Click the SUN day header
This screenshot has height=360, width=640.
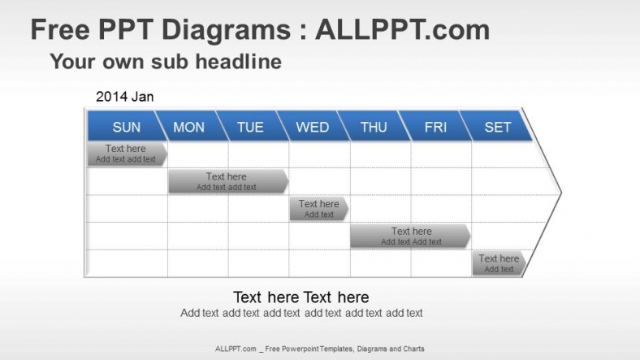pos(126,127)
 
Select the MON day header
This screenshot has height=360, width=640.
pos(188,127)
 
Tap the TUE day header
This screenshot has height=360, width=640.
pos(250,127)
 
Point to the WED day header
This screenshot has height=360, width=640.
pos(312,127)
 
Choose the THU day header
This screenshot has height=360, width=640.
pos(374,127)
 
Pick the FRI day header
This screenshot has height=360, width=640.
pos(435,127)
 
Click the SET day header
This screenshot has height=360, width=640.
pos(497,127)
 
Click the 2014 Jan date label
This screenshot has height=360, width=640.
pos(124,97)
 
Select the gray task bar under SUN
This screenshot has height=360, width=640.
pos(126,154)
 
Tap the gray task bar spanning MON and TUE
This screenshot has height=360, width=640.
pos(227,181)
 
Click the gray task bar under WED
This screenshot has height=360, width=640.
pos(318,209)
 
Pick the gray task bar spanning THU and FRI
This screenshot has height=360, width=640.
pos(410,236)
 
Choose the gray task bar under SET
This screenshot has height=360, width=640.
pos(498,263)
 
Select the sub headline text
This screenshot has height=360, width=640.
pos(166,61)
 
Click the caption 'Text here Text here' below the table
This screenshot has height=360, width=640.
pos(301,297)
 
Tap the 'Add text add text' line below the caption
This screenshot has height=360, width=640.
pos(301,313)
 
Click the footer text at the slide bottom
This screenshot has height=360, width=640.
pos(319,349)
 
